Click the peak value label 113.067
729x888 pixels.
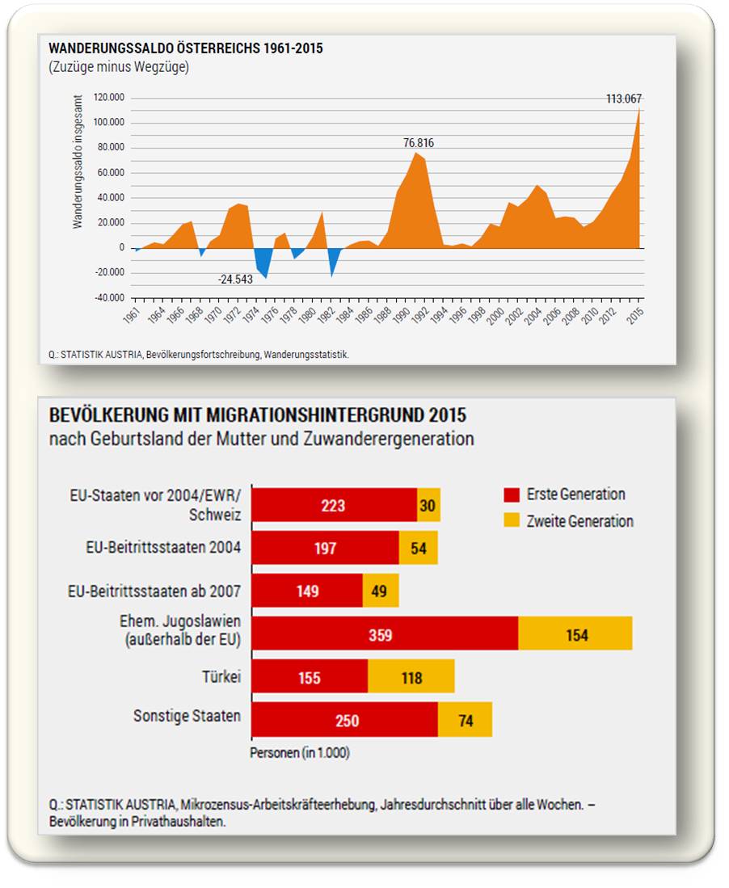(624, 99)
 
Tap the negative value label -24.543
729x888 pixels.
(235, 280)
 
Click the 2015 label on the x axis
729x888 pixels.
(638, 314)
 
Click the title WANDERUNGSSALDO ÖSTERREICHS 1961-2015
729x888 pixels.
(186, 48)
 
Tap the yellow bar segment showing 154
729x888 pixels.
(575, 634)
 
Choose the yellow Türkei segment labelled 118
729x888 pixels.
(411, 677)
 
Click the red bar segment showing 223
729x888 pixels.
(334, 506)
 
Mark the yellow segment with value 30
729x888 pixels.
(428, 506)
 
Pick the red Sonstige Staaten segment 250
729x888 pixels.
(344, 720)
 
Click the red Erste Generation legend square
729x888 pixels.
(511, 495)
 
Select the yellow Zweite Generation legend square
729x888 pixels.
(511, 521)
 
